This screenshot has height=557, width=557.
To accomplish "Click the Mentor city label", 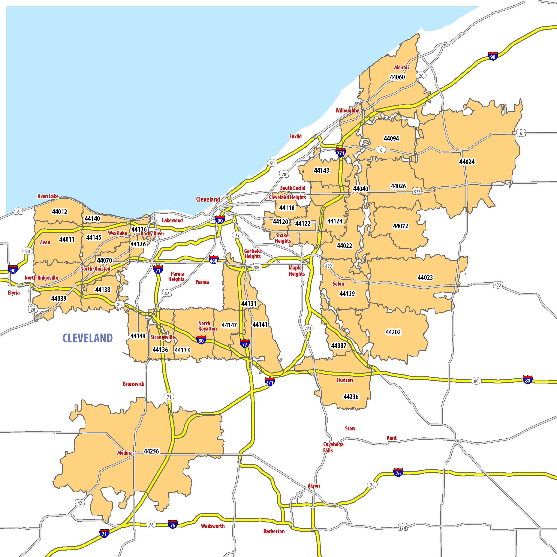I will [x=402, y=67].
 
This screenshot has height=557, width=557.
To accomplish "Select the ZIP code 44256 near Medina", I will [x=151, y=451].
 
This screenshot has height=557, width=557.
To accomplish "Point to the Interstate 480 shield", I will [x=214, y=260].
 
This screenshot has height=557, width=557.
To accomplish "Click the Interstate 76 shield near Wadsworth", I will [x=173, y=524].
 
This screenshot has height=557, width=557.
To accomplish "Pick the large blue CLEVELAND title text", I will [x=88, y=338].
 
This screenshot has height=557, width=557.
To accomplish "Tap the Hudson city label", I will [x=345, y=380].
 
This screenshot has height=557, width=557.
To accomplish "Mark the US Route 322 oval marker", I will [x=417, y=192].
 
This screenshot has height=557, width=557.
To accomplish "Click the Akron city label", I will [x=314, y=486].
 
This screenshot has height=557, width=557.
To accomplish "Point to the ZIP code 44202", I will [x=393, y=332].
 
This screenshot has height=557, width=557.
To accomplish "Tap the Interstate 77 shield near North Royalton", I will [x=244, y=343].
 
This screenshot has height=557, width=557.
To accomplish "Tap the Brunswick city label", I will [x=133, y=384].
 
